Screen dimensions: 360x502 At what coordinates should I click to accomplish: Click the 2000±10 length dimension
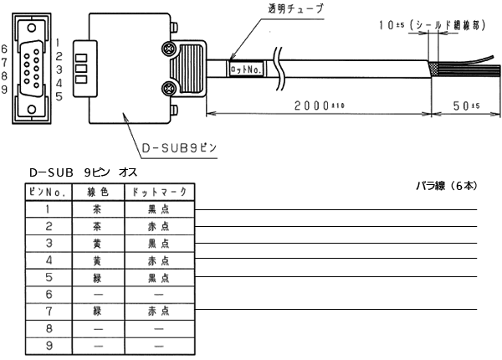[317, 106]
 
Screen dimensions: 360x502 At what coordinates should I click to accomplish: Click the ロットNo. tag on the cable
[247, 71]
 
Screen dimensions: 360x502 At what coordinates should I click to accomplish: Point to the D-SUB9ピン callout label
[179, 148]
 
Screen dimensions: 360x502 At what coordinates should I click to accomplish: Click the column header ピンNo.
[49, 192]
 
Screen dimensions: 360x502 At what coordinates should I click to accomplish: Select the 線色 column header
[99, 192]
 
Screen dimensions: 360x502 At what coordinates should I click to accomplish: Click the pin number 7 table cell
[49, 310]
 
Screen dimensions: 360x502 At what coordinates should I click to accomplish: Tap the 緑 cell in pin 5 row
[99, 276]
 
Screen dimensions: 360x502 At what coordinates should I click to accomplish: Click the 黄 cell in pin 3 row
[99, 243]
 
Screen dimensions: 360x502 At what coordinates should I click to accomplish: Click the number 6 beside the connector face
[6, 49]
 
